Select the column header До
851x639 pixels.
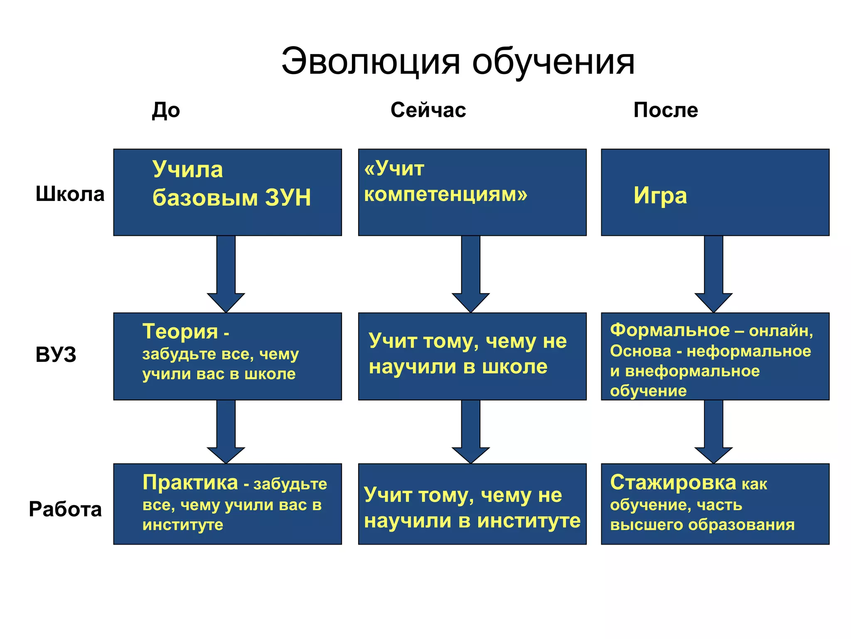point(166,110)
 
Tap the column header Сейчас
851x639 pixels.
point(428,110)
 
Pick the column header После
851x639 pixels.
point(665,110)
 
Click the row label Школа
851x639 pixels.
point(70,194)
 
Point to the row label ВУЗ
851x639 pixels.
point(56,354)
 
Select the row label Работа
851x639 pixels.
point(65,509)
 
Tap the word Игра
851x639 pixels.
point(660,196)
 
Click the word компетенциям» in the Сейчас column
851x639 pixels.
point(445,194)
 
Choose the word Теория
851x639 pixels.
point(180,332)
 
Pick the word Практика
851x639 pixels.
point(190,483)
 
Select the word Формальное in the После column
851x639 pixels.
point(669,330)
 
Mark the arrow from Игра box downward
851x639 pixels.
point(713,275)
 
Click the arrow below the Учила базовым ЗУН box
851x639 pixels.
point(226,275)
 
